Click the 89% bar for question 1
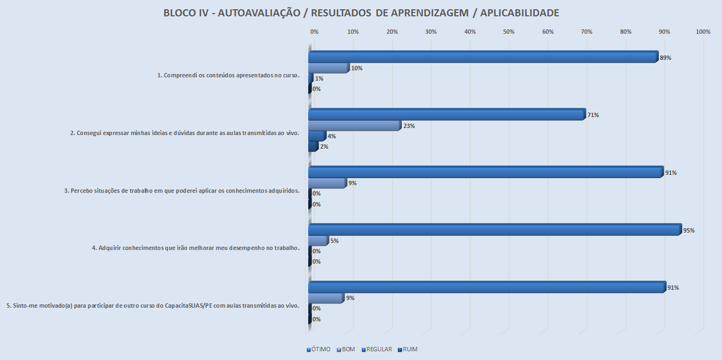pyautogui.click(x=483, y=57)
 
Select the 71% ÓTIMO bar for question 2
pyautogui.click(x=446, y=115)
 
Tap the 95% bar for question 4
pyautogui.click(x=494, y=230)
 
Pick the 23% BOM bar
pyautogui.click(x=354, y=126)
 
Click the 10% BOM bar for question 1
pyautogui.click(x=328, y=68)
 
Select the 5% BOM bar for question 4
pyautogui.click(x=319, y=241)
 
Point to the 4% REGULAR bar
pyautogui.click(x=317, y=136)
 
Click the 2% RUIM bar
pyautogui.click(x=313, y=147)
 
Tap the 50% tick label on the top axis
pyautogui.click(x=509, y=32)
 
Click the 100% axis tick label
pyautogui.click(x=703, y=32)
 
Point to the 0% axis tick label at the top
pyautogui.click(x=314, y=32)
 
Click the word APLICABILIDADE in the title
pyautogui.click(x=517, y=13)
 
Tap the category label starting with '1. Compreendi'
pyautogui.click(x=228, y=75)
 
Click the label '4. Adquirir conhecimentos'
pyautogui.click(x=195, y=248)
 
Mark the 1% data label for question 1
pyautogui.click(x=320, y=78)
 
